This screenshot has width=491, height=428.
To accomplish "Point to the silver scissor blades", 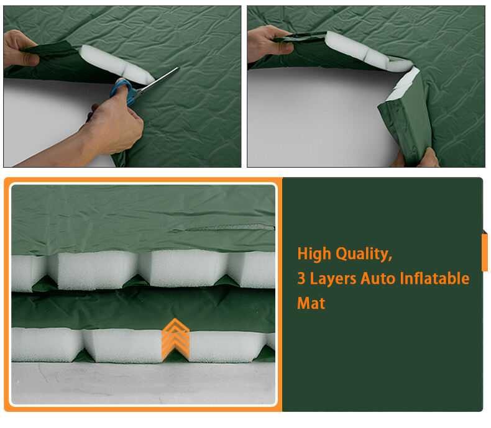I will [158, 79].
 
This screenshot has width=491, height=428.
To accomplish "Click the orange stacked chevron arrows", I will [175, 339].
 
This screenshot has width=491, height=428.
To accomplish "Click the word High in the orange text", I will [314, 253].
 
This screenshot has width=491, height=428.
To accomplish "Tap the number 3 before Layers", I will [301, 279].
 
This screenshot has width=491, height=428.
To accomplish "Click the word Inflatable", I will [436, 278].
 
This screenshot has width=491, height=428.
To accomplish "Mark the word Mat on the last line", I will [311, 303].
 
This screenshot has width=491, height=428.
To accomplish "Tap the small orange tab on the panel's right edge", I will [485, 252].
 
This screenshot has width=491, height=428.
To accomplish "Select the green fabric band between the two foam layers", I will [143, 309].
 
